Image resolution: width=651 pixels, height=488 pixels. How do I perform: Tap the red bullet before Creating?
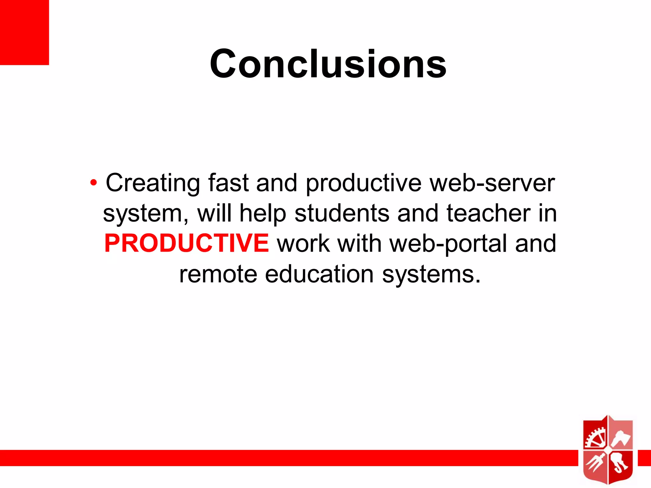[x=93, y=183]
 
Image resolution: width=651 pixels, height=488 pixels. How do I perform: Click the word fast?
[x=228, y=183]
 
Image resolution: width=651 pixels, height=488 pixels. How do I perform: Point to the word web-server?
[x=492, y=183]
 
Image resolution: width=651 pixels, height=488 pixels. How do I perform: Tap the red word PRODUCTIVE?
[x=187, y=243]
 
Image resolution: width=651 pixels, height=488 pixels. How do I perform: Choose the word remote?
[x=218, y=274]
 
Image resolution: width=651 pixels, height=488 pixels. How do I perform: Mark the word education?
[x=319, y=274]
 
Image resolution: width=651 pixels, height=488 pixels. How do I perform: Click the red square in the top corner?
[x=24, y=32]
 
